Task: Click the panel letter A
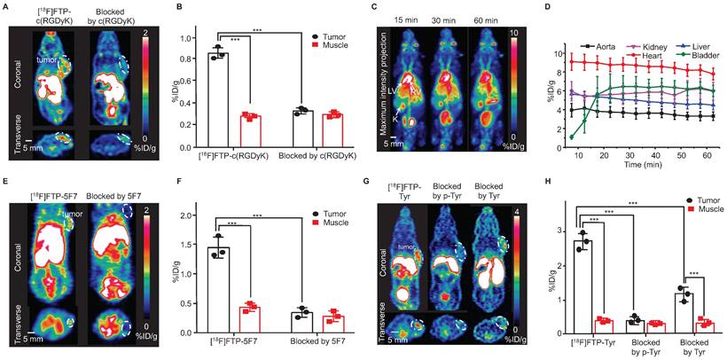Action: click(6, 7)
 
